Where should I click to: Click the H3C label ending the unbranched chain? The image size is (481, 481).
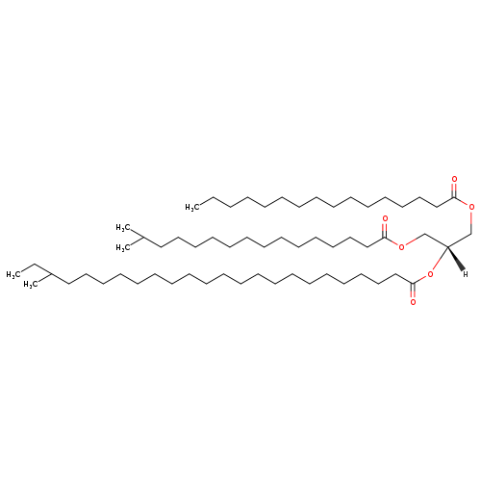(x=192, y=208)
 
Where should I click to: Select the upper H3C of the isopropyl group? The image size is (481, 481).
(x=123, y=228)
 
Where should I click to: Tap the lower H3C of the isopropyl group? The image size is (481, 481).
(x=123, y=247)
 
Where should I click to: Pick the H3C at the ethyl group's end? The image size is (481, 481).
(x=13, y=274)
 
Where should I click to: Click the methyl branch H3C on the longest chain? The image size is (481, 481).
(x=31, y=284)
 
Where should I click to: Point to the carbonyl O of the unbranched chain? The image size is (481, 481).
(x=454, y=179)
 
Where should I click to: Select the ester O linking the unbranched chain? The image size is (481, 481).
(x=471, y=207)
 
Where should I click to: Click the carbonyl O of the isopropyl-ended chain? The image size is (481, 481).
(x=385, y=218)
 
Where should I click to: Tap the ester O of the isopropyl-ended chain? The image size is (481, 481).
(x=401, y=246)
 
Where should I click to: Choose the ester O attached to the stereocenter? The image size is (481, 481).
(x=430, y=274)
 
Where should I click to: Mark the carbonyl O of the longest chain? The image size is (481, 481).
(x=413, y=302)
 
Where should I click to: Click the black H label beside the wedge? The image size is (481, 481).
(x=466, y=274)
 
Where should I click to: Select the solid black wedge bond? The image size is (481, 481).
(x=455, y=258)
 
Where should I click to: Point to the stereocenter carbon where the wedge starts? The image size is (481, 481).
(x=447, y=246)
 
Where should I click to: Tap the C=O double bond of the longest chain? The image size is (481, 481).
(x=413, y=291)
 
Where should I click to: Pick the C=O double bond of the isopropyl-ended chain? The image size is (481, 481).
(x=385, y=231)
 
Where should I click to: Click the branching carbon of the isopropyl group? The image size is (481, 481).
(x=142, y=238)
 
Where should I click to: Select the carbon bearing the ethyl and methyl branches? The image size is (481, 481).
(x=51, y=274)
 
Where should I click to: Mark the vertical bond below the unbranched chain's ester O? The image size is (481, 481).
(x=471, y=222)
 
